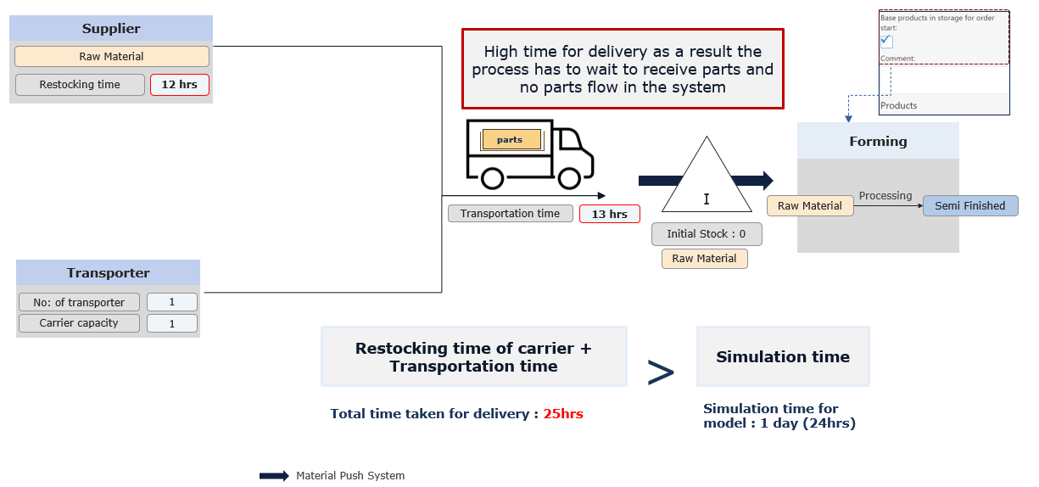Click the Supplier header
tap(111, 29)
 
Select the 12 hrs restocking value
tap(179, 85)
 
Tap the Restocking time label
tap(80, 85)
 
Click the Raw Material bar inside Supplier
tap(111, 56)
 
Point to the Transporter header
tap(108, 273)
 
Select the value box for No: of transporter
tap(171, 302)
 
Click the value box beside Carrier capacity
tap(171, 323)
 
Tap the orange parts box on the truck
tap(511, 140)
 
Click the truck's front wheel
tap(570, 178)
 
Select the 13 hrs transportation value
tap(609, 214)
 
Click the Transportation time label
tap(510, 214)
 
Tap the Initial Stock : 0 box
tap(707, 234)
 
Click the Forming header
tap(878, 141)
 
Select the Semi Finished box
tap(969, 206)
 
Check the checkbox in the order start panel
tap(886, 42)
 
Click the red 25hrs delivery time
tap(563, 414)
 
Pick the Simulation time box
tap(783, 357)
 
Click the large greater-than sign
tap(661, 372)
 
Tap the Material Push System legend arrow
tap(274, 476)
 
